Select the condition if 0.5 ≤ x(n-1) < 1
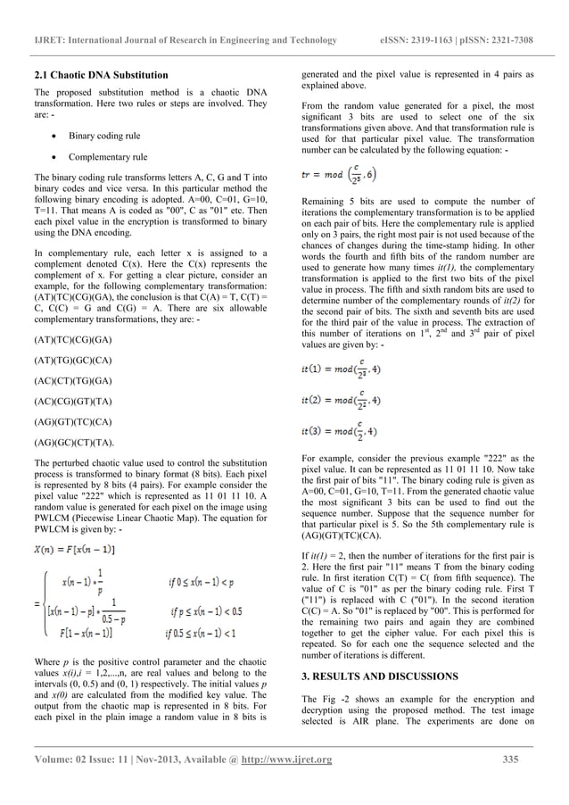point(209,635)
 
